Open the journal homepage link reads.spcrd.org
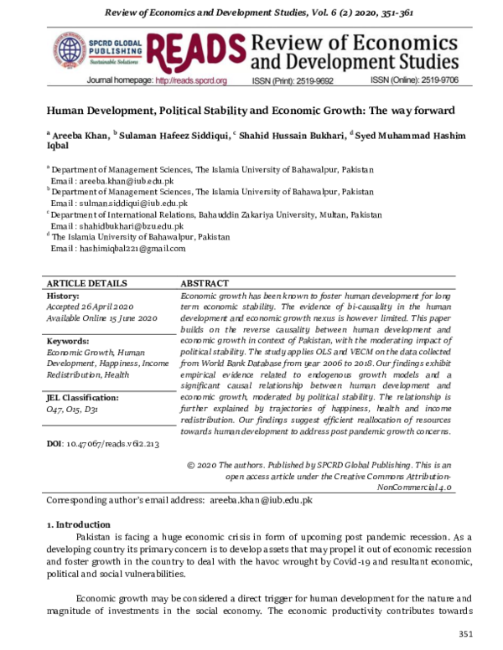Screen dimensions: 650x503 pyautogui.click(x=191, y=81)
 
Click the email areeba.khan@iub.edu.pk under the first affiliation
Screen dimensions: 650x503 pyautogui.click(x=117, y=179)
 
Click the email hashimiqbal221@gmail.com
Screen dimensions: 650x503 pyautogui.click(x=123, y=248)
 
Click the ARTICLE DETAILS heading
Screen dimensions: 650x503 pyautogui.click(x=87, y=284)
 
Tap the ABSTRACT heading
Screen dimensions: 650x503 pyautogui.click(x=206, y=284)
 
